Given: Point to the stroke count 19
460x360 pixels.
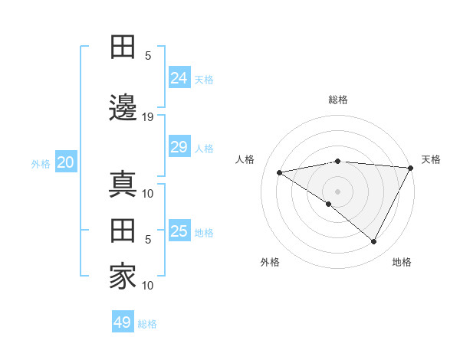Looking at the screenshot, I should tap(149, 117).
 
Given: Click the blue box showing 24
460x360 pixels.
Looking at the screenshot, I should tap(179, 77).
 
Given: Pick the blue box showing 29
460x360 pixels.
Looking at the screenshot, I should tap(179, 147).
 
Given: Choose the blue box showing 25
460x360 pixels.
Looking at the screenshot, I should tap(179, 231).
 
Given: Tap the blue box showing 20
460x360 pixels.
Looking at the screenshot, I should tap(66, 162).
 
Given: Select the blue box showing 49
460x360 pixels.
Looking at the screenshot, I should tap(123, 322).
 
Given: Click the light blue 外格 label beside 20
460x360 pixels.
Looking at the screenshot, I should tap(41, 163).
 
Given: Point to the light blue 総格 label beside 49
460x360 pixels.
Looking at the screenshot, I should tap(147, 324).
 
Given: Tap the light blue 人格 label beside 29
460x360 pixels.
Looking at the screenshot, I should tap(205, 148).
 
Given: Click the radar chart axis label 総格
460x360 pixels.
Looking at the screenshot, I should tap(337, 100).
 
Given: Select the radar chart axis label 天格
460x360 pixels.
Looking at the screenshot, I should tap(431, 159).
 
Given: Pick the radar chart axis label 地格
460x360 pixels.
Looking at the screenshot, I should tap(402, 262).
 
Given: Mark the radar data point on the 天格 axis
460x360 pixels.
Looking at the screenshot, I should tap(411, 168).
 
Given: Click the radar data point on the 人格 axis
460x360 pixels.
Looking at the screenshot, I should tap(280, 172).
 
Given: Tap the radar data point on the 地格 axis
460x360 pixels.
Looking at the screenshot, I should tap(373, 241).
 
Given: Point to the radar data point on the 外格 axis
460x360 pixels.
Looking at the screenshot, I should tap(329, 204).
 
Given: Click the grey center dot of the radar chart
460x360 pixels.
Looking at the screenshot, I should tap(337, 191).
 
